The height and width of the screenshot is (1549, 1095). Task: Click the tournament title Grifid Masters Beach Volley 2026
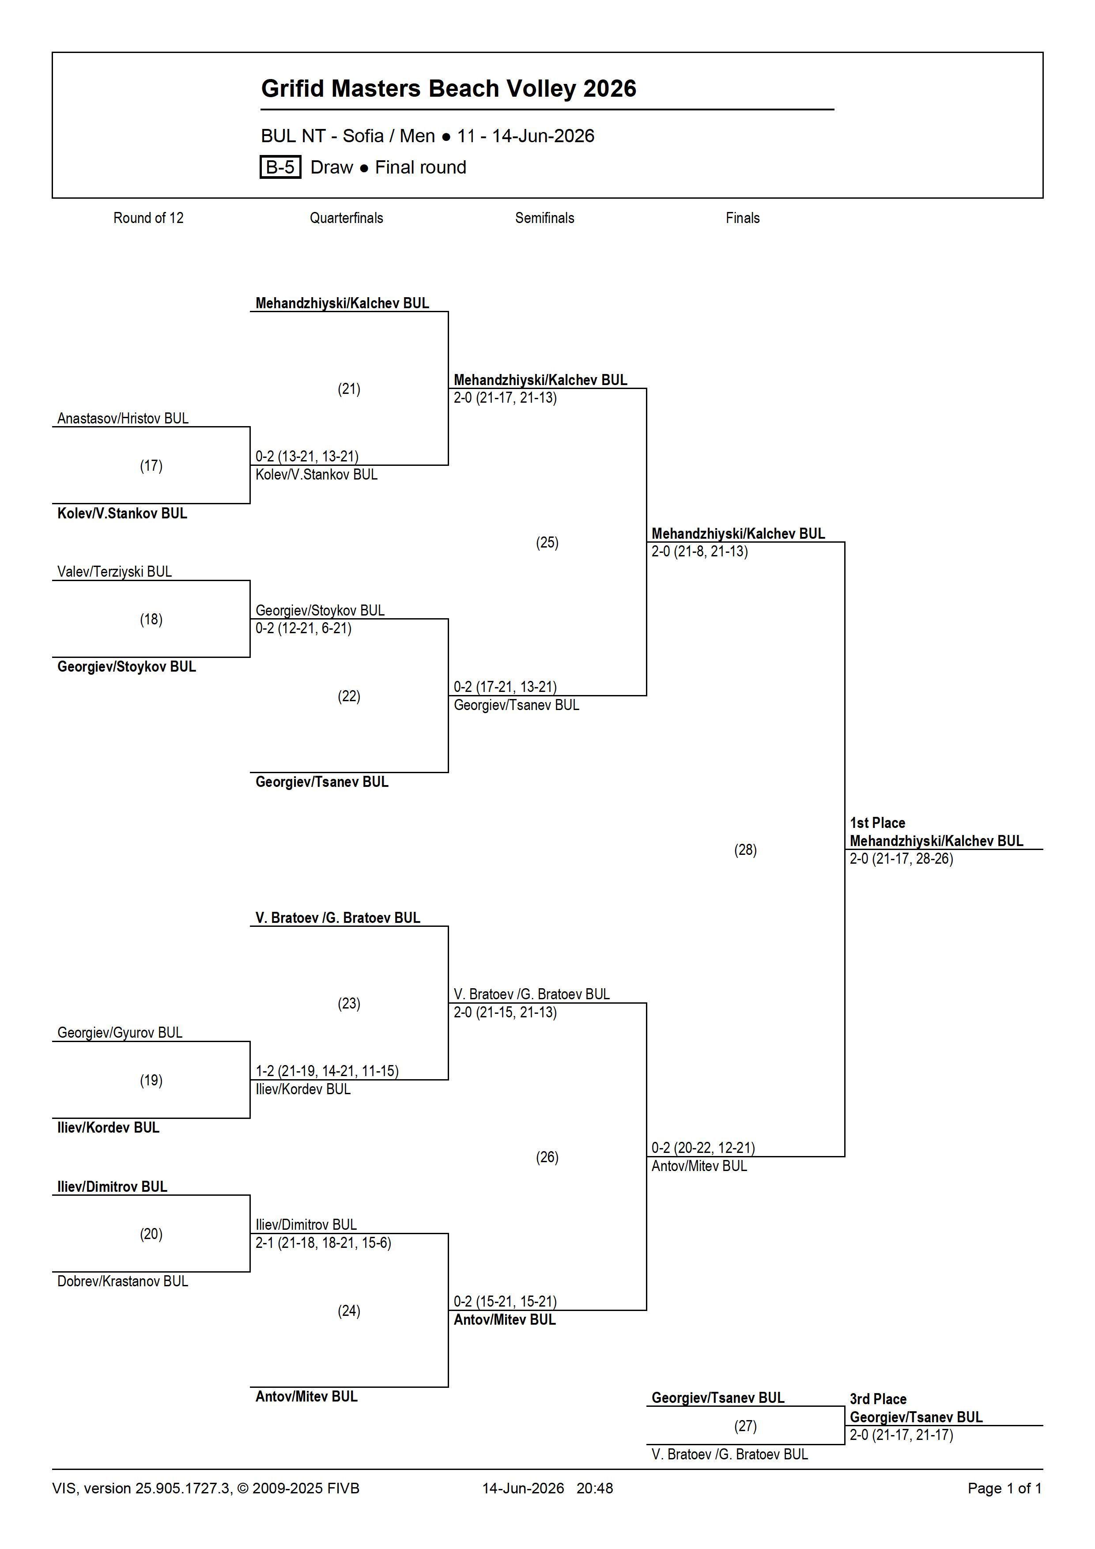coord(449,88)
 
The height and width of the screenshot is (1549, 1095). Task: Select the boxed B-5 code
coord(280,167)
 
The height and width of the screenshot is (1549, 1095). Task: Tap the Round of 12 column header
coord(148,218)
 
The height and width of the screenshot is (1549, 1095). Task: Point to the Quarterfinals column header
coord(346,218)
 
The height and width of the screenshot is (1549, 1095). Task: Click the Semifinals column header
coord(544,218)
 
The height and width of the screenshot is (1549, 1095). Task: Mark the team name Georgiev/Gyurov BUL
coord(120,1032)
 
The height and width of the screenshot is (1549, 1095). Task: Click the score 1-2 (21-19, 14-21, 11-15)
coord(327,1071)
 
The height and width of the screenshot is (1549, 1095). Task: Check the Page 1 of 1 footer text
coord(1004,1488)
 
